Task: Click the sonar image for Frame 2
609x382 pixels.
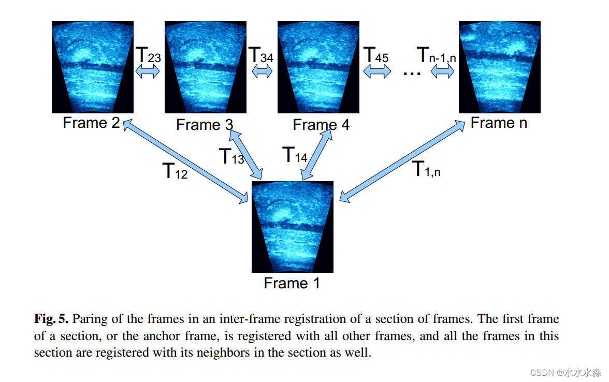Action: [x=93, y=67]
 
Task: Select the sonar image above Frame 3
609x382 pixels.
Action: [x=206, y=67]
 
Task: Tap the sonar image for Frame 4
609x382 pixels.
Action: [x=318, y=67]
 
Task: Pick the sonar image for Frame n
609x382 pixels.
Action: [x=499, y=67]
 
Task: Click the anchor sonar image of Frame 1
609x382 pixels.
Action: [x=293, y=227]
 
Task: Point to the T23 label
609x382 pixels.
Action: [x=148, y=55]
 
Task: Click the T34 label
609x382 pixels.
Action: [x=261, y=55]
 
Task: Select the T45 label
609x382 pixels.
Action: [x=376, y=55]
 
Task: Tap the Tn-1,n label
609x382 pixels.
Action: [x=437, y=55]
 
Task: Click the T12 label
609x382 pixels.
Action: [x=175, y=171]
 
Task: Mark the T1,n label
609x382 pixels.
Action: [x=426, y=169]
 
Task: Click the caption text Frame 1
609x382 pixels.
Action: [x=292, y=283]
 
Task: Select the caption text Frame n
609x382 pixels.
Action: [x=499, y=123]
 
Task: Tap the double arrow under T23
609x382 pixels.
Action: [x=148, y=73]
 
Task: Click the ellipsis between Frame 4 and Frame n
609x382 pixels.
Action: [x=412, y=73]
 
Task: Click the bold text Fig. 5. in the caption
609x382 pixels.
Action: [x=51, y=318]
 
